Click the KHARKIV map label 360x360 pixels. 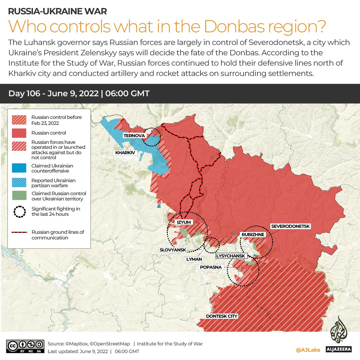tap(125, 153)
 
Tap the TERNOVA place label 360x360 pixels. tap(134, 136)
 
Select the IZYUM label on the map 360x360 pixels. tap(183, 222)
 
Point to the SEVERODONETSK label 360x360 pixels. tap(290, 226)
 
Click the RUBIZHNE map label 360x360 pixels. tap(253, 234)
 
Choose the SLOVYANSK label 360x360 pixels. tap(173, 250)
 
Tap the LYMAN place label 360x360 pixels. tap(194, 259)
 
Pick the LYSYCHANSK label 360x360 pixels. tap(231, 256)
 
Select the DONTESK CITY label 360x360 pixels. tap(221, 316)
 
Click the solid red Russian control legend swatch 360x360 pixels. tap(19, 133)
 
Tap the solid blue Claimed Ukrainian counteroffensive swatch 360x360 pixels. tap(19, 168)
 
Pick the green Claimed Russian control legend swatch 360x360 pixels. tap(19, 196)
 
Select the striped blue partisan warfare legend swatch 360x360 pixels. tap(19, 183)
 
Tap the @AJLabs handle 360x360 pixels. tap(308, 350)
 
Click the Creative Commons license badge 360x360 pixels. tap(25, 346)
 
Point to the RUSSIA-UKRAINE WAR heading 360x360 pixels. tap(57, 11)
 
